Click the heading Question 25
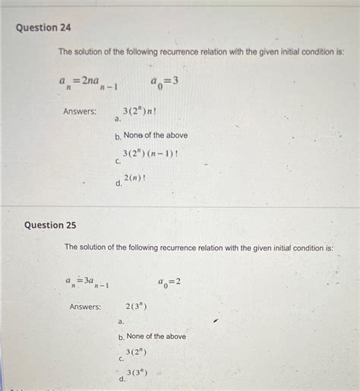(50, 225)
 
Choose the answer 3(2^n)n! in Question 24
(139, 112)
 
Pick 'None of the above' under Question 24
(156, 135)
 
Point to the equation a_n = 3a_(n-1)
(87, 282)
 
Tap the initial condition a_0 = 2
(169, 282)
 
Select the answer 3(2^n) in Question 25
(136, 352)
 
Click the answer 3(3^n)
(137, 372)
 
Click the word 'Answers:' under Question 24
(80, 112)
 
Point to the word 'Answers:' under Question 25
(85, 307)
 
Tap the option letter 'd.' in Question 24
(118, 183)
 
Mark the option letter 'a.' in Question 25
(121, 321)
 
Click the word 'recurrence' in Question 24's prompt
(216, 52)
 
